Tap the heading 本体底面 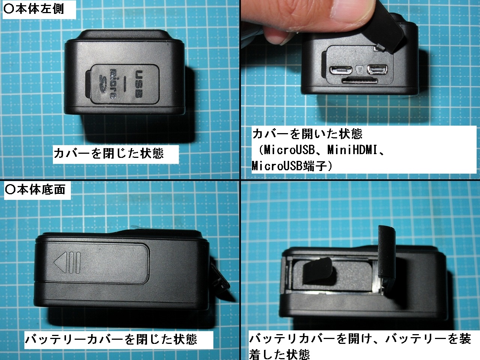pos(35,189)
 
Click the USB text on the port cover pos(139,84)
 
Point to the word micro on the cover pos(113,84)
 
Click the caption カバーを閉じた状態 pos(109,153)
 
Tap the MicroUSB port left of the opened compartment pos(341,70)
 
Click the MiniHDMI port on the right pos(377,70)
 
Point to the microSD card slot pos(360,80)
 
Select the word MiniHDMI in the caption pos(352,150)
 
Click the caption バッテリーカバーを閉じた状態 pos(111,339)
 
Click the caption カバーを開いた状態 pos(307,134)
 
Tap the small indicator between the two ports pos(360,70)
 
